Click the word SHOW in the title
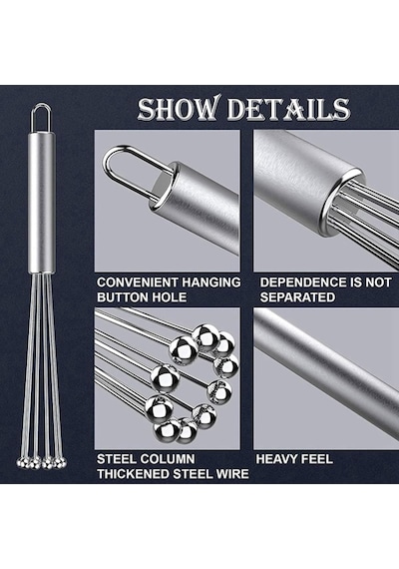pos(179,108)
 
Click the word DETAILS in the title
pos(288,109)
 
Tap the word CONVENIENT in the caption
pos(137,283)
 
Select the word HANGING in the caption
pos(211,283)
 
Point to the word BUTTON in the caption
pos(122,297)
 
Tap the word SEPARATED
pos(297,297)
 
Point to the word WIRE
pos(231,474)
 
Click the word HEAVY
pos(275,459)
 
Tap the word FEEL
pos(315,459)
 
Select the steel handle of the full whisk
pos(42,202)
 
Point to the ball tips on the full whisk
pos(42,462)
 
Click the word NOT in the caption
pos(378,283)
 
